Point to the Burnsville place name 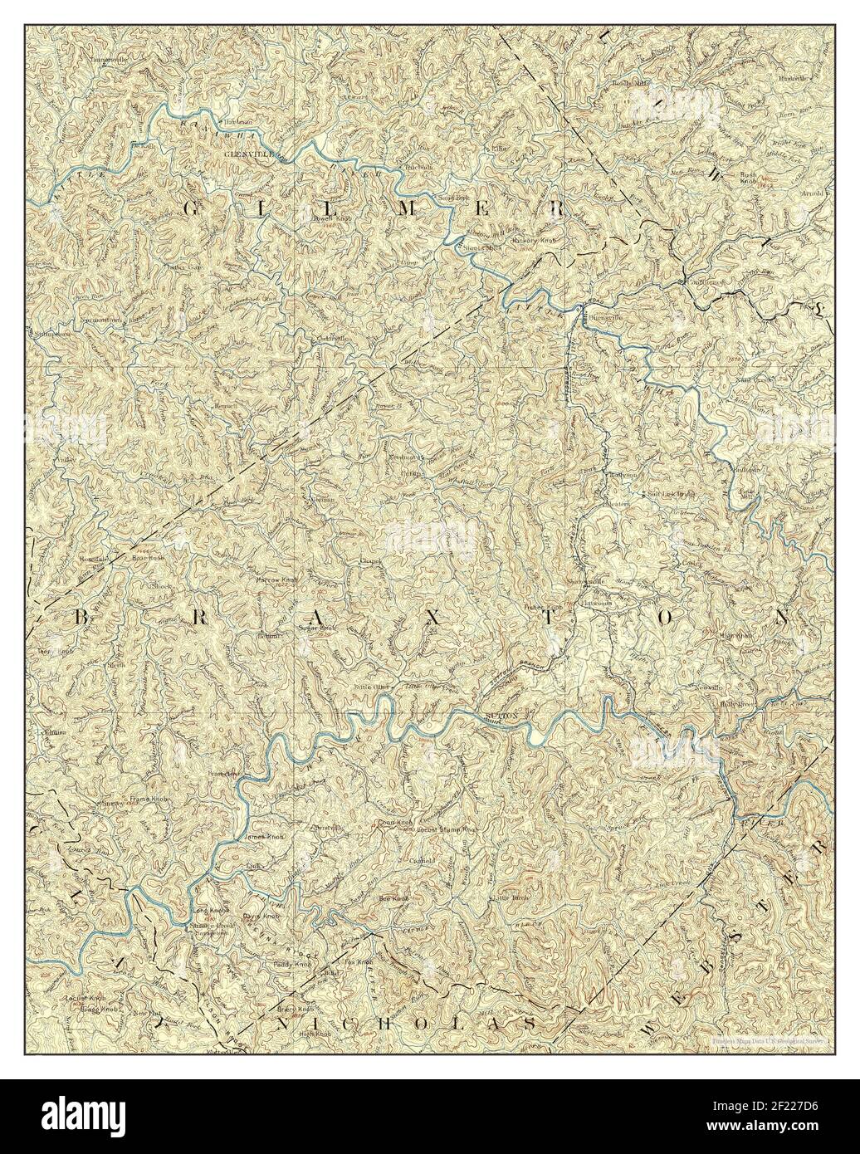coord(601,318)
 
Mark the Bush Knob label coord(750,178)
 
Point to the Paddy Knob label coord(292,965)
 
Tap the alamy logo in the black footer coord(88,1117)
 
